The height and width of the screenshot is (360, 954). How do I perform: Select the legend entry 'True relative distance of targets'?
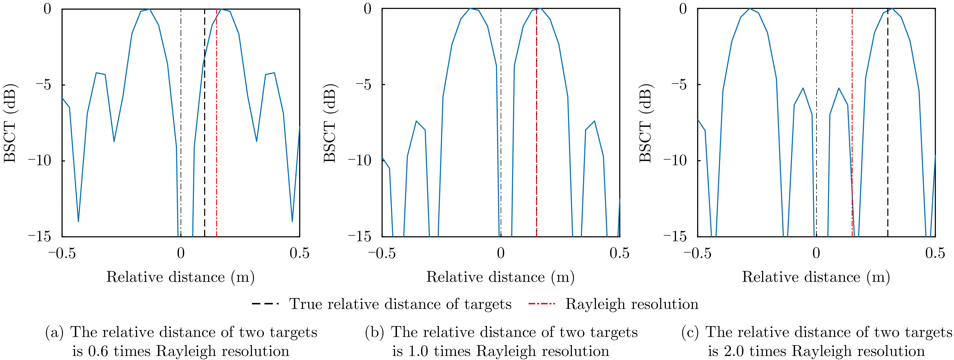click(400, 304)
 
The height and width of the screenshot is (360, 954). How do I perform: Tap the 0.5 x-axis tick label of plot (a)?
click(299, 253)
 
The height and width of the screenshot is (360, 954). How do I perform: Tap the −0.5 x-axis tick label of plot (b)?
click(382, 253)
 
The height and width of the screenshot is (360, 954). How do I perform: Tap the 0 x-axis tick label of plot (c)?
click(816, 253)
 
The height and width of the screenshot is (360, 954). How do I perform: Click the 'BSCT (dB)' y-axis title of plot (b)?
click(330, 125)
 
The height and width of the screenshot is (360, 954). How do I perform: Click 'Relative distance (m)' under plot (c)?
click(816, 277)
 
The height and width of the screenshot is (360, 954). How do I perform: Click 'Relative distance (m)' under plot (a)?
click(180, 277)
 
